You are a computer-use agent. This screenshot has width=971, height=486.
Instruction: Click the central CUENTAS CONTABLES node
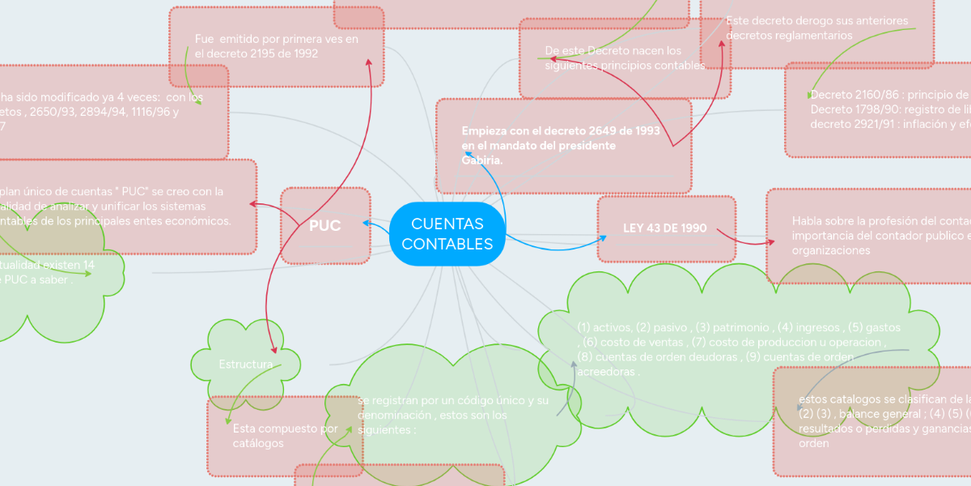447,234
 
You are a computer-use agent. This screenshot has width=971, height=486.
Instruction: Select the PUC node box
325,226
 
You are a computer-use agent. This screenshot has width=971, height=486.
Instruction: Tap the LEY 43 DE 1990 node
665,228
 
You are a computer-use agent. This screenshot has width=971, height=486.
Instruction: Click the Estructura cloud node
245,365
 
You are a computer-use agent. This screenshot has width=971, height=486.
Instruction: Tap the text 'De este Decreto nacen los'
613,51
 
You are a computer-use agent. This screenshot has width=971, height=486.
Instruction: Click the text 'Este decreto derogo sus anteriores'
816,21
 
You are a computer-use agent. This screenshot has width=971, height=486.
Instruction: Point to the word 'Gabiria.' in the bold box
482,160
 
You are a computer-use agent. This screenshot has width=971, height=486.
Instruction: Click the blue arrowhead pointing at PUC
366,222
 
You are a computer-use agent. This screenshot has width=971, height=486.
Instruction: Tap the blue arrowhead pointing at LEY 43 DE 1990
603,237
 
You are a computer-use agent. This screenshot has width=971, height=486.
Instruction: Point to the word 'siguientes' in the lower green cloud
384,430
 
